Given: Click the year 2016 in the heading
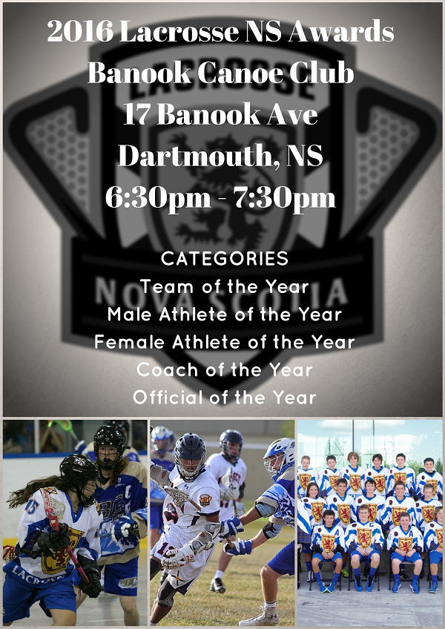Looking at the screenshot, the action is click(x=80, y=31).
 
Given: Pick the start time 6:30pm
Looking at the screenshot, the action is click(x=158, y=198).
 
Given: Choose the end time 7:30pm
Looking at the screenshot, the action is click(x=285, y=198).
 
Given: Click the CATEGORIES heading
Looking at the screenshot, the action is click(x=225, y=259).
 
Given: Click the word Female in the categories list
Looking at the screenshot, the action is click(x=129, y=342).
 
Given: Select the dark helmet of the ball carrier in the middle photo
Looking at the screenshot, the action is click(x=190, y=455).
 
